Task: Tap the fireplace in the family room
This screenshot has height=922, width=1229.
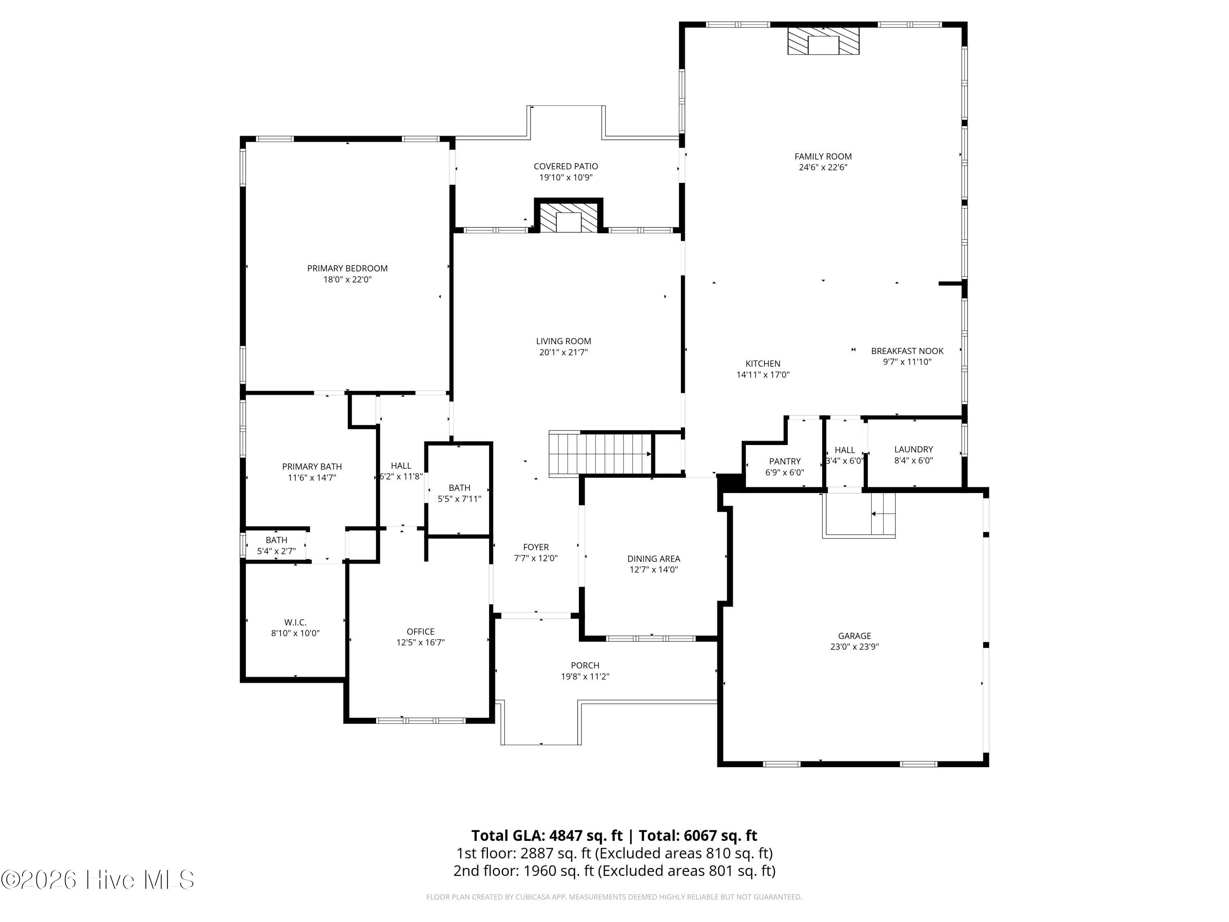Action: (823, 42)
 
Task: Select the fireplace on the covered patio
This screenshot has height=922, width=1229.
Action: (568, 218)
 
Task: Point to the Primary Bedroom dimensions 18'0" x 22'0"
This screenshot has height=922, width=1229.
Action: (347, 279)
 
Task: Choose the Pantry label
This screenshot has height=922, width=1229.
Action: (785, 461)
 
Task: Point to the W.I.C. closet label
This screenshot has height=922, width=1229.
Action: (295, 622)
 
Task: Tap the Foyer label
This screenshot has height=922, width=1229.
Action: (535, 547)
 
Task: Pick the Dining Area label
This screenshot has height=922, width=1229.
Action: (653, 559)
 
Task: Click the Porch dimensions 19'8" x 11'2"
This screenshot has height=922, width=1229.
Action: (585, 677)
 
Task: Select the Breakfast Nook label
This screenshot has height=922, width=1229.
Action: (907, 351)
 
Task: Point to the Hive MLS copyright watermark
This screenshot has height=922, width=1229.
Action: (98, 880)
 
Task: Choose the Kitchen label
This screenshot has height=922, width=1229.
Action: (762, 363)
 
